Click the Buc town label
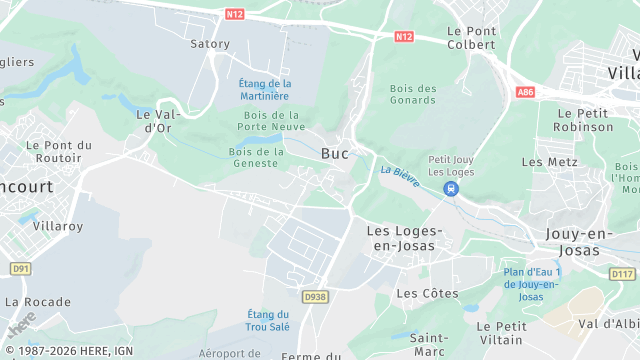(x=335, y=153)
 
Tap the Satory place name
(x=210, y=44)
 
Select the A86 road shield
(x=526, y=92)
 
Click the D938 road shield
(x=315, y=297)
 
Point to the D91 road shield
(x=20, y=269)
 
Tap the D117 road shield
(x=622, y=274)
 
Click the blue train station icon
(x=452, y=188)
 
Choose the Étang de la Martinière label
(x=265, y=89)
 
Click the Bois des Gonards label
(x=413, y=94)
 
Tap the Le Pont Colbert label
(x=472, y=37)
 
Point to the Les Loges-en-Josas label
(x=398, y=238)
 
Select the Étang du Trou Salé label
(x=268, y=320)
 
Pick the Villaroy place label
(x=57, y=226)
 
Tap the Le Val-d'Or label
(x=155, y=121)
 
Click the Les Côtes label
(x=427, y=293)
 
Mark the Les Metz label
(x=550, y=161)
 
